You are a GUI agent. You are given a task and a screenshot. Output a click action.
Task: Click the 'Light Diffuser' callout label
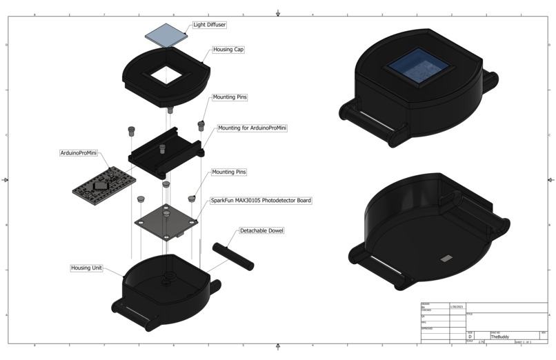tap(209, 25)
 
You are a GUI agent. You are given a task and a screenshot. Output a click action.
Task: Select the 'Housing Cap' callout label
tap(228, 50)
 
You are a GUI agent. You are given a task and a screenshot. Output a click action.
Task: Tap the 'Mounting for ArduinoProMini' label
tap(252, 128)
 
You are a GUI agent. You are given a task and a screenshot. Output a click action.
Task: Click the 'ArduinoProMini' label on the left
tap(77, 152)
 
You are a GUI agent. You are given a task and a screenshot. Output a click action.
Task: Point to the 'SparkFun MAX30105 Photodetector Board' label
tap(261, 201)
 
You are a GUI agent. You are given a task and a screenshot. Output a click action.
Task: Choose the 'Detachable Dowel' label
tap(261, 230)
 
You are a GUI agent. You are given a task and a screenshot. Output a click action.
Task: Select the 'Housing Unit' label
tap(87, 268)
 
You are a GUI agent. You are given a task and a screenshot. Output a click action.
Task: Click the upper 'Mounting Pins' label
tap(229, 97)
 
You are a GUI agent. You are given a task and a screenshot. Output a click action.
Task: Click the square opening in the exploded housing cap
tap(166, 74)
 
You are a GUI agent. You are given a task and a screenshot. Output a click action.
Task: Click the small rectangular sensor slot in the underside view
tap(446, 259)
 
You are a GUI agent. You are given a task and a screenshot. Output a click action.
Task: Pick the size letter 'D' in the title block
tap(470, 337)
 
